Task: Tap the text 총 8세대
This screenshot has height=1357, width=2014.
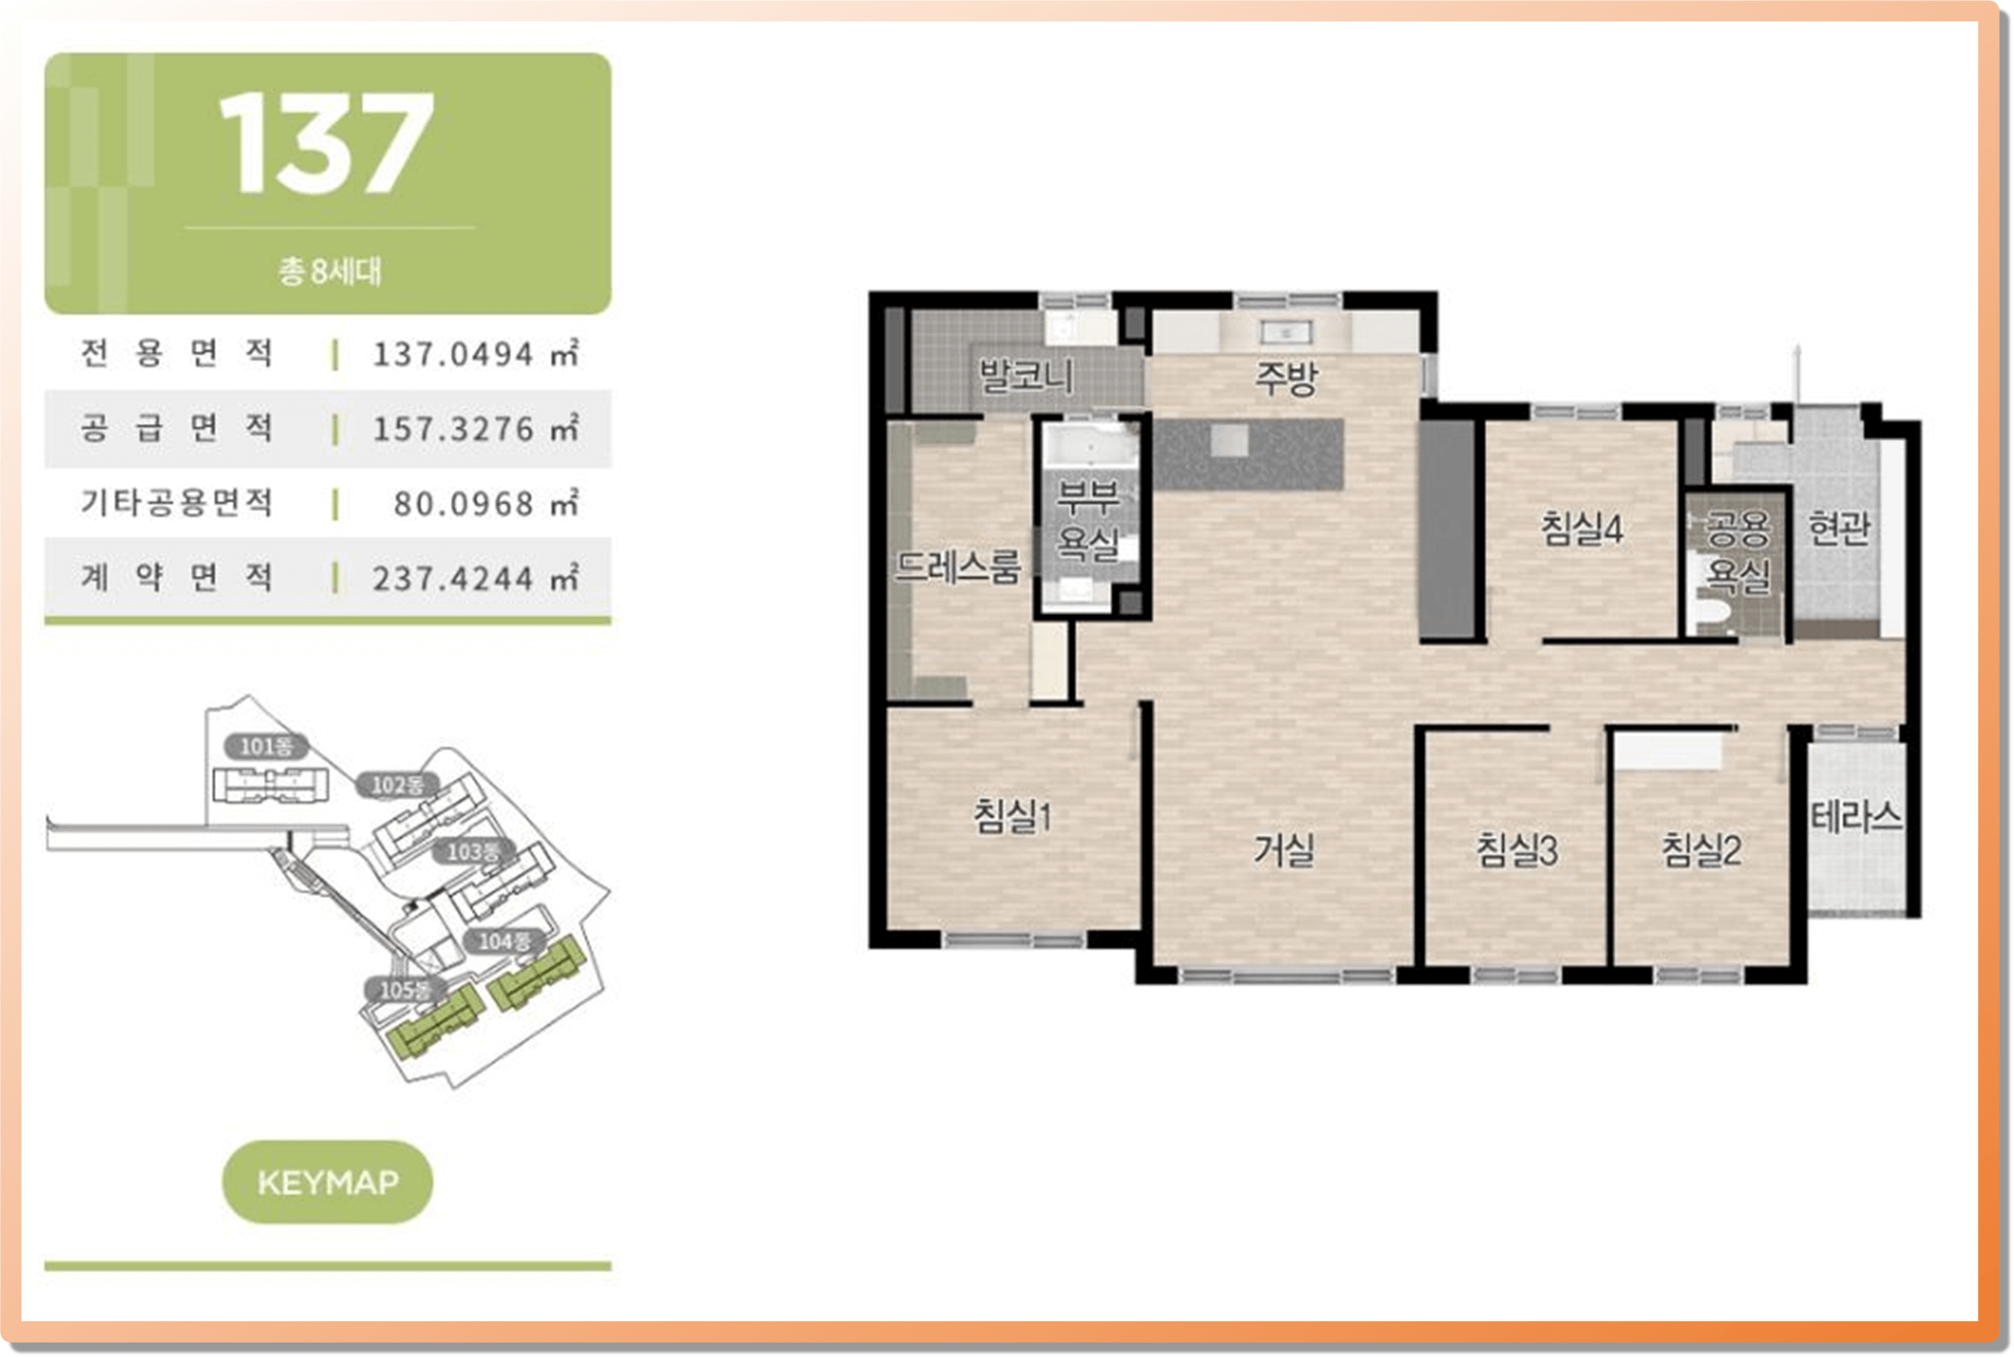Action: point(329,271)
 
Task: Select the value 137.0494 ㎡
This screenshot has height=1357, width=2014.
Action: point(475,353)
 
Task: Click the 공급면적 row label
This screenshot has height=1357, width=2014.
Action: point(176,427)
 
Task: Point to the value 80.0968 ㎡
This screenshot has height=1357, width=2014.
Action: point(486,503)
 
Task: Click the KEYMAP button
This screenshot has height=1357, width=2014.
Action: point(328,1181)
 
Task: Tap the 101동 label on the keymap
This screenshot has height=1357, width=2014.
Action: point(265,746)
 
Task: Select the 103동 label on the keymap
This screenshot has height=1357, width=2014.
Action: point(473,851)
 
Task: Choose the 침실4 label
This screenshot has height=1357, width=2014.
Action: point(1582,528)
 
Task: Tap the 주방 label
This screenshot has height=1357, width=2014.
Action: point(1286,378)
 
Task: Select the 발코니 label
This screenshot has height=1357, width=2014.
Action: point(1025,376)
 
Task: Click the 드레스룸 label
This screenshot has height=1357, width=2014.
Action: point(957,566)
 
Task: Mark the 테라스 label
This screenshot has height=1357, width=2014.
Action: point(1856,815)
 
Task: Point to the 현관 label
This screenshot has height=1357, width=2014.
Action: point(1839,527)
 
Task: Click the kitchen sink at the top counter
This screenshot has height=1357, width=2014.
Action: point(1285,332)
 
